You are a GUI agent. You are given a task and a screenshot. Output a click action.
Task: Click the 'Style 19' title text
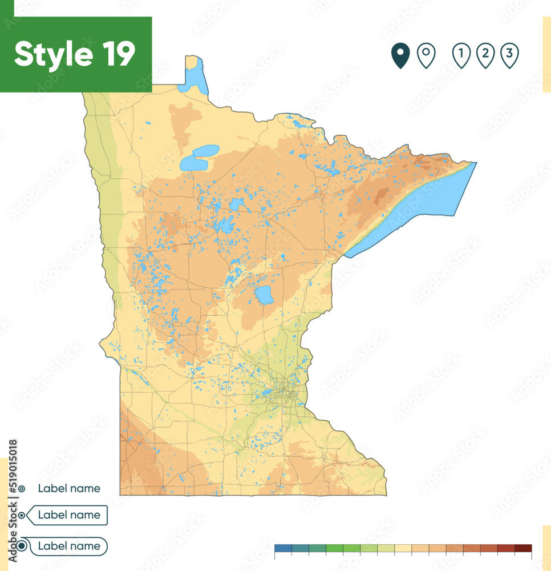click(75, 54)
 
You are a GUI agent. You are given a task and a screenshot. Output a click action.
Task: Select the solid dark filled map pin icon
click(400, 55)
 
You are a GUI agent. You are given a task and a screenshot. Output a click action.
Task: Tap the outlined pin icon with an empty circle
click(426, 55)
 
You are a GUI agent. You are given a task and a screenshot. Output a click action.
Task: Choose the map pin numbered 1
click(461, 55)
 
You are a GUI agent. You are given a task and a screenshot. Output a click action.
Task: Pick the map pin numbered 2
click(485, 55)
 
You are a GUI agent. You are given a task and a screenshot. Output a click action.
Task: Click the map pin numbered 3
click(509, 55)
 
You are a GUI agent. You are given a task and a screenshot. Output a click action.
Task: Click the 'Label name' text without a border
click(69, 488)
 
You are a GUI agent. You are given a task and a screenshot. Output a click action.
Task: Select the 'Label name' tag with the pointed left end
click(68, 515)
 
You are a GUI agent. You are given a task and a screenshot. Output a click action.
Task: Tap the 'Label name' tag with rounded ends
click(68, 546)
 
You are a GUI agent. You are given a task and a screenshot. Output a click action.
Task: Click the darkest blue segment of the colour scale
click(283, 548)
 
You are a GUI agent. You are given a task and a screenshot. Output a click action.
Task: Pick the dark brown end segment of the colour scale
click(523, 548)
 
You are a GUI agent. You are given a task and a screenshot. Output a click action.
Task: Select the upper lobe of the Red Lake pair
click(205, 151)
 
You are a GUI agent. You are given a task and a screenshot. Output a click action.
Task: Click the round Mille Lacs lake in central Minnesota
click(264, 295)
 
